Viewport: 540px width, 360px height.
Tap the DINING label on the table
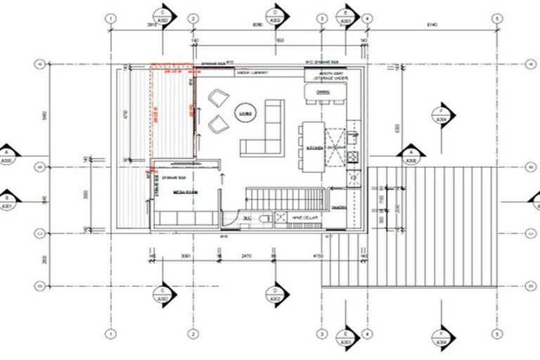point(323,92)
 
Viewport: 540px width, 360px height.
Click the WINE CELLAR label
point(304,219)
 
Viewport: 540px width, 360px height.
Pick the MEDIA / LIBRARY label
point(251,72)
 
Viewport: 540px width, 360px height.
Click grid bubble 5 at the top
point(496,18)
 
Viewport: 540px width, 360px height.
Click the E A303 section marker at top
point(347,15)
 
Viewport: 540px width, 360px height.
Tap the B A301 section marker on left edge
point(9,200)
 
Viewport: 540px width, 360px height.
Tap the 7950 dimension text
point(261,41)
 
